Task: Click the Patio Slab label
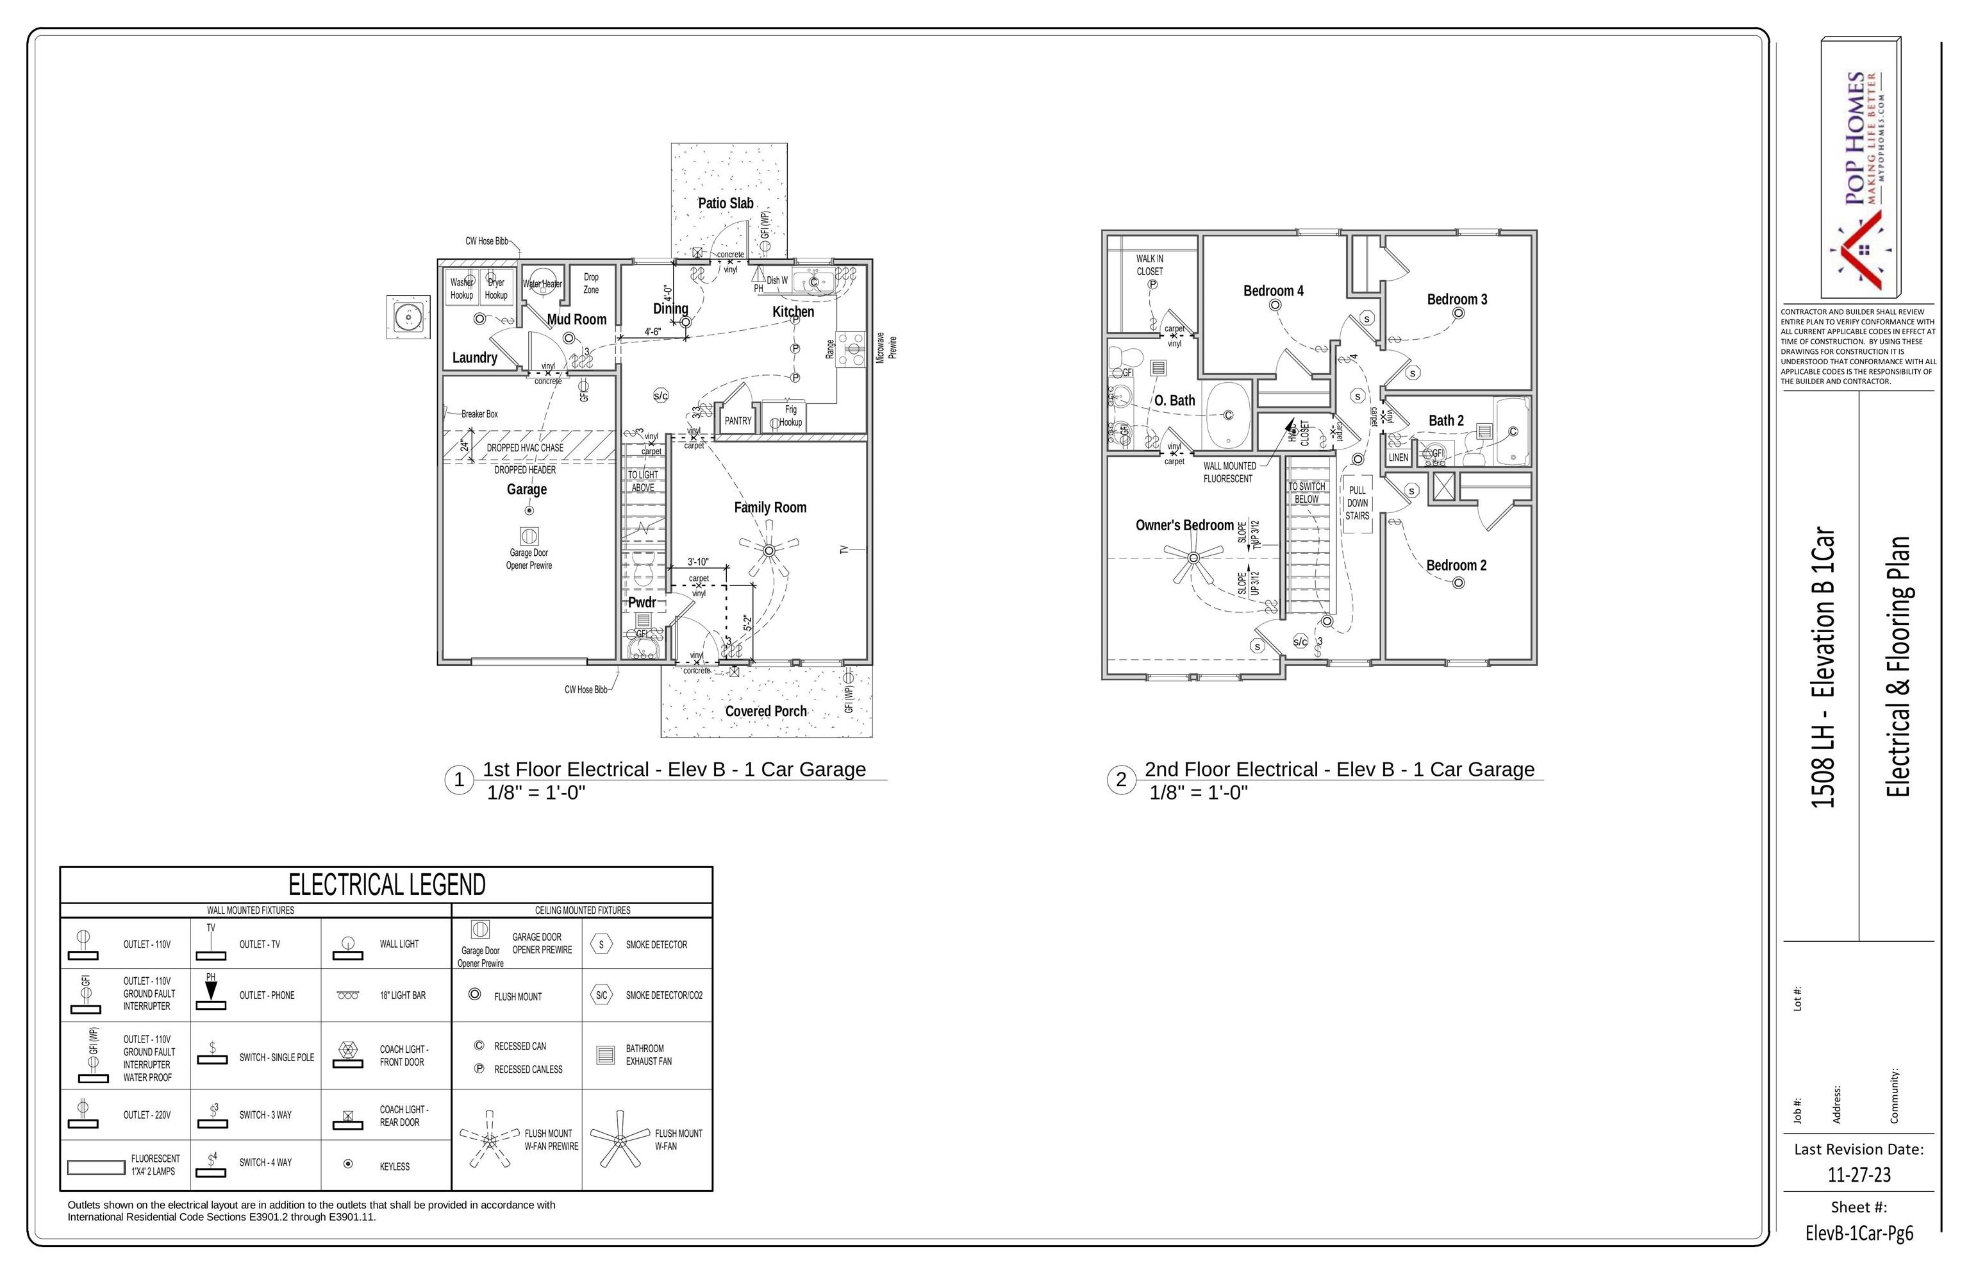coord(726,203)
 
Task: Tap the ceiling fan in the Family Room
coord(769,550)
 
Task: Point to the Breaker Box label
coord(479,414)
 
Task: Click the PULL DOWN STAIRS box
coord(1357,503)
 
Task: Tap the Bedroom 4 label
coord(1273,290)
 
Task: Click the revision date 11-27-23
coord(1859,1175)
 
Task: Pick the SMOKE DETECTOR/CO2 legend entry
coord(663,995)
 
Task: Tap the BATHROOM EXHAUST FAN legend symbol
coord(605,1055)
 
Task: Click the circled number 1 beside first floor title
coord(459,779)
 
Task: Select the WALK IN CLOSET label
coord(1149,265)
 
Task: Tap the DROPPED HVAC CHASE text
coord(524,448)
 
